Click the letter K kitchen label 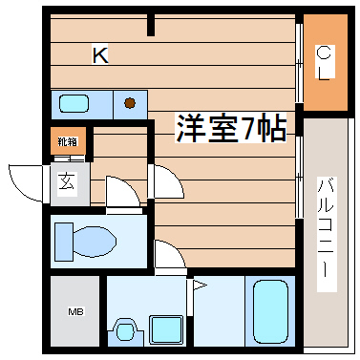coord(99,56)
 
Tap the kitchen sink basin coord(73,102)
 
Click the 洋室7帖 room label coord(229,129)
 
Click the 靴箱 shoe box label coord(68,142)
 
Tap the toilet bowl coord(84,240)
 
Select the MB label coord(74,310)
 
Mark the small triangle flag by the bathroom coord(200,285)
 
